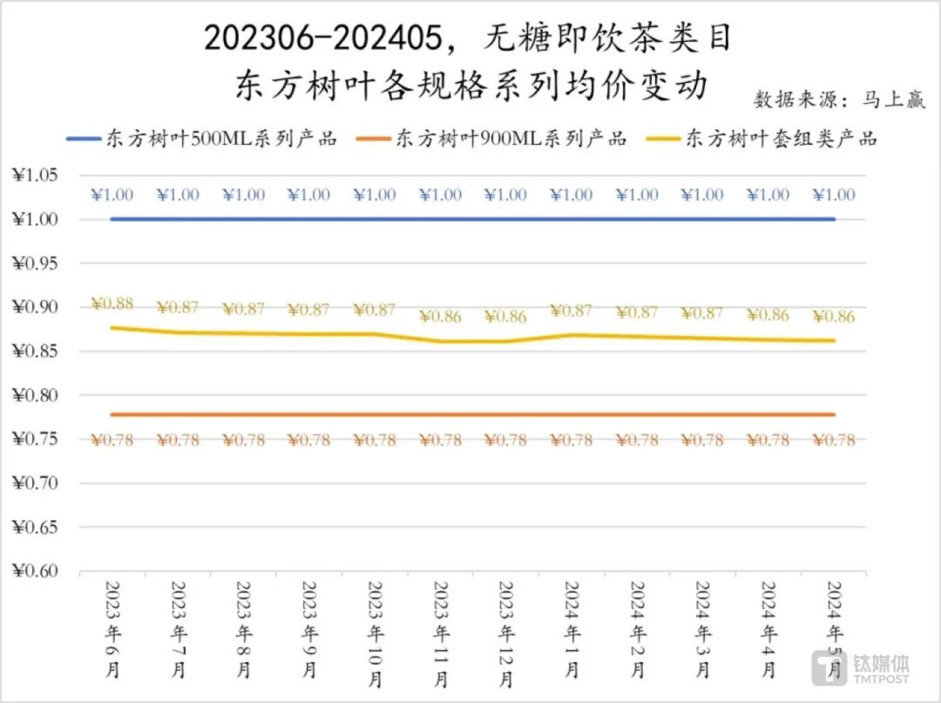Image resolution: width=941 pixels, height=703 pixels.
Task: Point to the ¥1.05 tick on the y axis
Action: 36,175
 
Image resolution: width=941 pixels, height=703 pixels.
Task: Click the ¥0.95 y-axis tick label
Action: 36,263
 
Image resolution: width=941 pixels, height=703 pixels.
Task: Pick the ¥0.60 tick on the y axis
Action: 36,571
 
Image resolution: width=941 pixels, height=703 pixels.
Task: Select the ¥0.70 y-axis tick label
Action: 36,483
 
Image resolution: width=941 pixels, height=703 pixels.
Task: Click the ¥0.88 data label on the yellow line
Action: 112,304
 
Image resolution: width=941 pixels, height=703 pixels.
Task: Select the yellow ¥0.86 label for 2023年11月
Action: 440,317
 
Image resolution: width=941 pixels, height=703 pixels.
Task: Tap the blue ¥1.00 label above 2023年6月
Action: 112,195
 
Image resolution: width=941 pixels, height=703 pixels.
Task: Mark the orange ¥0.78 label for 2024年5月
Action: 834,440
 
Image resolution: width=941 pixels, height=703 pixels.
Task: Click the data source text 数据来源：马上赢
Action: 839,99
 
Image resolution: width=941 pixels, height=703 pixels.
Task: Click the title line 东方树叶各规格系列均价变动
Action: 470,85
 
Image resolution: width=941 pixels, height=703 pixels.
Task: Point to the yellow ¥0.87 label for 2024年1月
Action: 572,311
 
